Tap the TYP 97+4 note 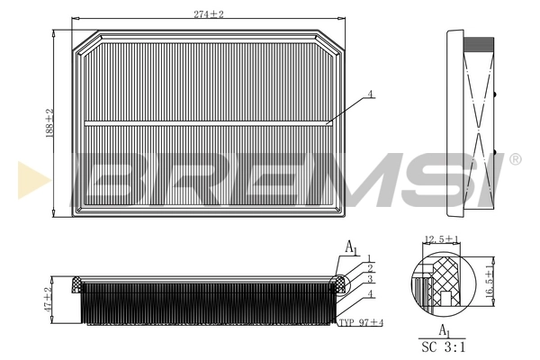coord(360,322)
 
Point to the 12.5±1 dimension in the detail coord(442,240)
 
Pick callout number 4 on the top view coord(371,94)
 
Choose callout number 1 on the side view coord(369,259)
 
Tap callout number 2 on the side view coord(369,269)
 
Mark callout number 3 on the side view coord(369,280)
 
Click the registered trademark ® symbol coord(515,159)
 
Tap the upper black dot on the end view coord(495,92)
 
